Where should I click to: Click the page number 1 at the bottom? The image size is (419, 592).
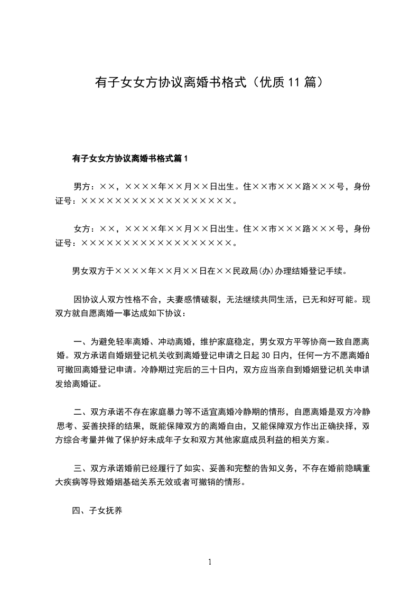pos(210,561)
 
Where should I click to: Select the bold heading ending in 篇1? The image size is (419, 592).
pos(130,158)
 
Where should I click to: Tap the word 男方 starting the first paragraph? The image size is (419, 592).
pos(82,186)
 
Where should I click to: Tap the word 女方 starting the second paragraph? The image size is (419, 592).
pos(82,228)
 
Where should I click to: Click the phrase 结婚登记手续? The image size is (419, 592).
pos(319,272)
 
